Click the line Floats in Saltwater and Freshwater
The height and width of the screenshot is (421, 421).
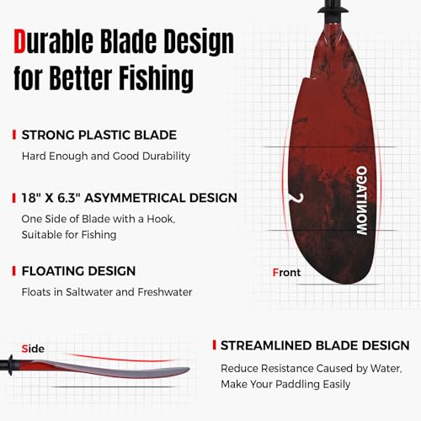point(107,292)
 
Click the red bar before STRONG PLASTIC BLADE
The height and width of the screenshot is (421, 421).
point(13,134)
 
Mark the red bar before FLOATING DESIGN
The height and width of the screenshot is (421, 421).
point(13,270)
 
